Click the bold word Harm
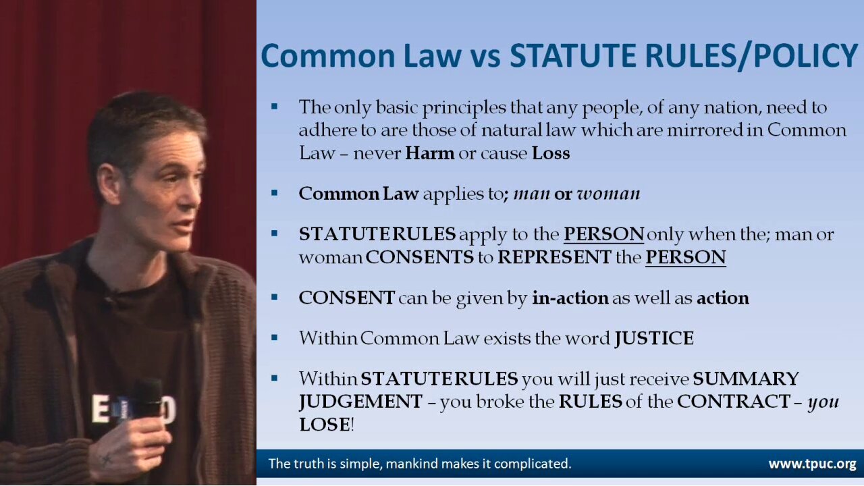tap(430, 153)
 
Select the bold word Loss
tap(551, 153)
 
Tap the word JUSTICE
tap(654, 338)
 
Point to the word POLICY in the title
tap(805, 55)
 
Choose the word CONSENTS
tap(420, 257)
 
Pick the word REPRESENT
tap(554, 257)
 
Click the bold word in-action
tap(570, 298)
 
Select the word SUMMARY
tap(746, 379)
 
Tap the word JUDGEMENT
tap(360, 402)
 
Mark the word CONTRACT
tap(734, 402)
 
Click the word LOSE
tap(325, 425)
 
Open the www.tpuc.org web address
tap(812, 464)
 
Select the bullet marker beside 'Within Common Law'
tap(274, 338)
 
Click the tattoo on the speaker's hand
tap(107, 459)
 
